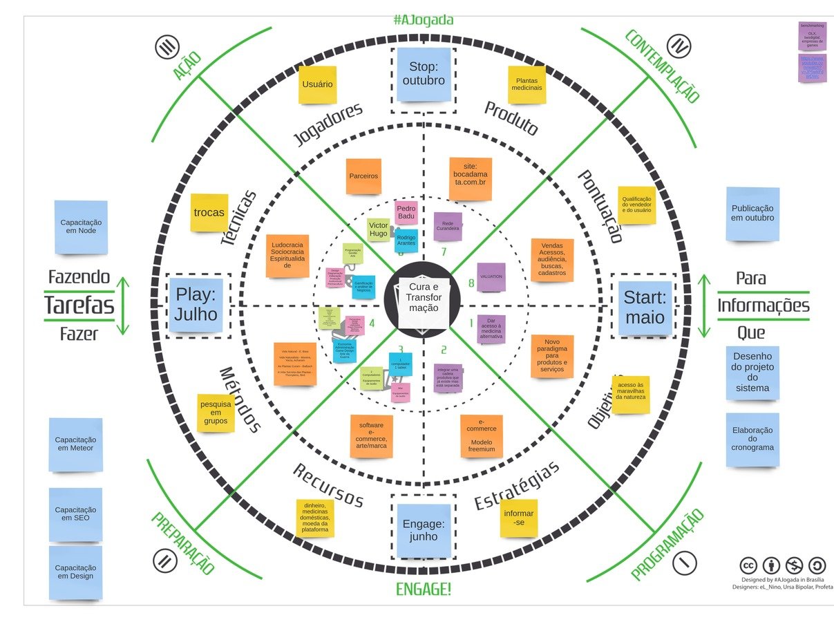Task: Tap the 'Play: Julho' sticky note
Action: [x=196, y=305]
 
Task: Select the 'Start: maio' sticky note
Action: [x=645, y=308]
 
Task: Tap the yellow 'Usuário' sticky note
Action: [x=318, y=84]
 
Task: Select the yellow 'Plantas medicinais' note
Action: [x=527, y=84]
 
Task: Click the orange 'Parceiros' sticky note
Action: [x=363, y=176]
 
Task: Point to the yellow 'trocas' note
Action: [x=209, y=212]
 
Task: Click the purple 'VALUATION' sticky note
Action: [x=491, y=276]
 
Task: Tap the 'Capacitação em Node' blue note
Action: [x=82, y=227]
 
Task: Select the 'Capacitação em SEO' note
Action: [x=76, y=513]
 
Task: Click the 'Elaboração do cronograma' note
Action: [x=752, y=438]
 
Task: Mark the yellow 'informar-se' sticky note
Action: [x=518, y=518]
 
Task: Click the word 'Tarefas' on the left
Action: [x=79, y=305]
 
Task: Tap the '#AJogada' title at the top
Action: [x=424, y=19]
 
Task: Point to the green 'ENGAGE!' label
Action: [x=424, y=590]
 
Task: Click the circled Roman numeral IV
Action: [x=681, y=48]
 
